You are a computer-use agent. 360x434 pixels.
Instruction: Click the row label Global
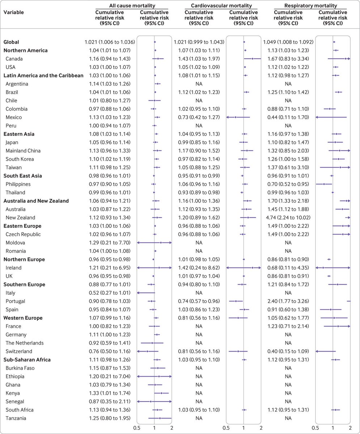[x=11, y=42]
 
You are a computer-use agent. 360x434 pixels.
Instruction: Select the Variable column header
[x=13, y=12]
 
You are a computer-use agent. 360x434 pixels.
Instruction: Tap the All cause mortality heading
[x=132, y=6]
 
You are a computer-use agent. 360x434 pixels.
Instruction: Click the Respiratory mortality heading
[x=310, y=6]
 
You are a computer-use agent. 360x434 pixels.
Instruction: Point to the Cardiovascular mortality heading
[x=221, y=6]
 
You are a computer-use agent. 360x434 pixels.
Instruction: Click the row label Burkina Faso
[x=20, y=368]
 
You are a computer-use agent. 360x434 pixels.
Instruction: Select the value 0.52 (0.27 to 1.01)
[x=110, y=293]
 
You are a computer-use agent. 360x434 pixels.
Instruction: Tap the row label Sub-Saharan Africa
[x=27, y=360]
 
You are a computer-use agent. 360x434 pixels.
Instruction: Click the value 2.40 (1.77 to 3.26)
[x=288, y=301]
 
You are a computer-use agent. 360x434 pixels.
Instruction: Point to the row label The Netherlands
[x=25, y=343]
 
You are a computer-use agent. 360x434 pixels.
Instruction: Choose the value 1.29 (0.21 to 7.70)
[x=110, y=243]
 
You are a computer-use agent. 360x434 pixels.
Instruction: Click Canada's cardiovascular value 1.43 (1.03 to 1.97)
[x=199, y=59]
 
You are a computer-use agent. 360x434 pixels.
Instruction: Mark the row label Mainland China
[x=23, y=151]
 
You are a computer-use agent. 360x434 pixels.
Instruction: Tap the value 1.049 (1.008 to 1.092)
[x=288, y=42]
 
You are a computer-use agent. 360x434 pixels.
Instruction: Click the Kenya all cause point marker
[x=161, y=393]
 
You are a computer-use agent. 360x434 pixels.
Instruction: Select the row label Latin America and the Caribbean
[x=43, y=76]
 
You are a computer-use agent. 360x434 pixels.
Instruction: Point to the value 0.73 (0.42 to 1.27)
[x=199, y=117]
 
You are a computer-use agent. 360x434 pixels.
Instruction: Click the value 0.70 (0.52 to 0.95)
[x=288, y=184]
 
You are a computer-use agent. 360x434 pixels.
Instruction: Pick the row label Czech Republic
[x=23, y=234]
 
